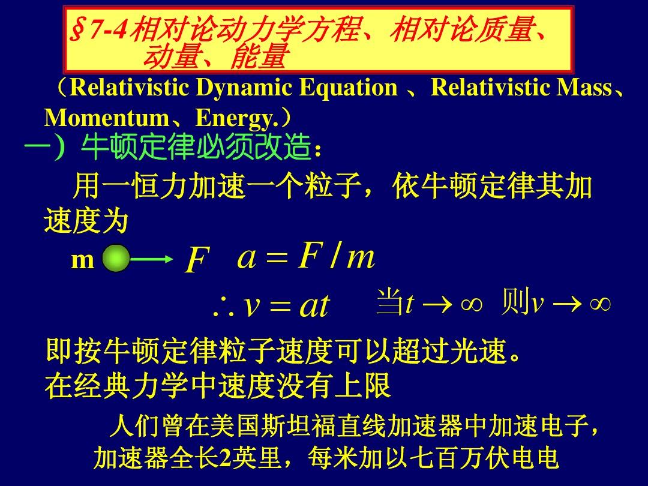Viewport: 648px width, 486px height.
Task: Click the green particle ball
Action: [x=116, y=258]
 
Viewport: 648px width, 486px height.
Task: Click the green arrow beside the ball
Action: [x=151, y=259]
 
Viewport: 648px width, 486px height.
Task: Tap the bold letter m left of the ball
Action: [x=83, y=260]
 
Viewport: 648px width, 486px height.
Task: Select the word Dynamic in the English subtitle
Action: [x=244, y=88]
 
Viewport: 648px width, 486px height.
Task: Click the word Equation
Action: [x=349, y=88]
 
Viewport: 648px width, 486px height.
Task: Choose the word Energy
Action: [x=235, y=119]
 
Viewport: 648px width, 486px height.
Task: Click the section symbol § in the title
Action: [x=77, y=31]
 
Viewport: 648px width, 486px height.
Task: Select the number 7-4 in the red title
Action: [x=108, y=30]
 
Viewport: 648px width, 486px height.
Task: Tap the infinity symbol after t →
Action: [x=472, y=305]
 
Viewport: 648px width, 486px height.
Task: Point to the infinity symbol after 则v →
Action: [x=600, y=305]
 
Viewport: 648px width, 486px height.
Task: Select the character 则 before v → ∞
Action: [x=515, y=302]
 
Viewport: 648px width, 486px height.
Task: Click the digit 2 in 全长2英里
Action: [x=225, y=458]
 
